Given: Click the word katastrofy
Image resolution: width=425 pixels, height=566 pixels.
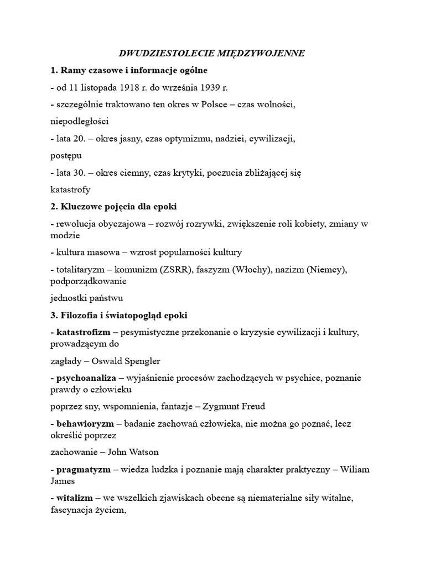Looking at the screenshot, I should coord(69,190).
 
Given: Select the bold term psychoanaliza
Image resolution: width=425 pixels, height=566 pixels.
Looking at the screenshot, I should coord(86,378).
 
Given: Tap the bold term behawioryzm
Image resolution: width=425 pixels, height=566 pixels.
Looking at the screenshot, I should coord(85,423).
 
